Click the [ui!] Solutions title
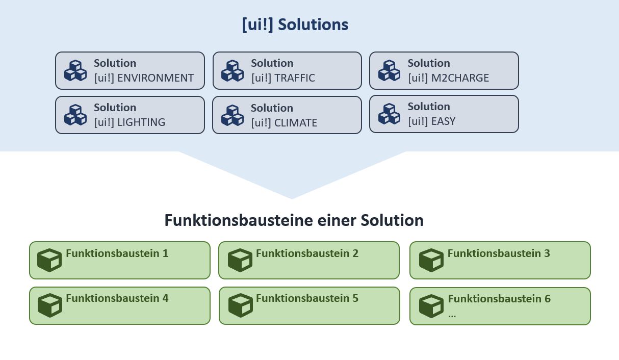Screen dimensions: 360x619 tap(295, 24)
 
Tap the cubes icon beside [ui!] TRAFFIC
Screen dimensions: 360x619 tap(232, 71)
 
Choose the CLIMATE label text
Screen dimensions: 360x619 tap(296, 123)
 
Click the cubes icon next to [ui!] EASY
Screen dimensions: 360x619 tap(389, 114)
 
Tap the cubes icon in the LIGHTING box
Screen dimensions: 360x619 tap(75, 115)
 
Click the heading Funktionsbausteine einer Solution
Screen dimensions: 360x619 tap(294, 220)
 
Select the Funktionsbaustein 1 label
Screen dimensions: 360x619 tap(117, 253)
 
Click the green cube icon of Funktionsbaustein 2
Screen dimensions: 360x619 tap(240, 260)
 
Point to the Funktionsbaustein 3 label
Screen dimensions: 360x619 tap(499, 253)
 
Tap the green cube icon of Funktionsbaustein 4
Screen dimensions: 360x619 tap(50, 305)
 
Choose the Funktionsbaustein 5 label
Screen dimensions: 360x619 tap(307, 298)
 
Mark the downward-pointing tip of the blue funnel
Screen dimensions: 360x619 tap(292, 198)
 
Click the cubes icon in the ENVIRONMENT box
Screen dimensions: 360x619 tap(75, 71)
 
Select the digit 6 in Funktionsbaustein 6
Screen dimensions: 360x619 tap(547, 299)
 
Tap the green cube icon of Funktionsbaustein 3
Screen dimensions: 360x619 tap(431, 260)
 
